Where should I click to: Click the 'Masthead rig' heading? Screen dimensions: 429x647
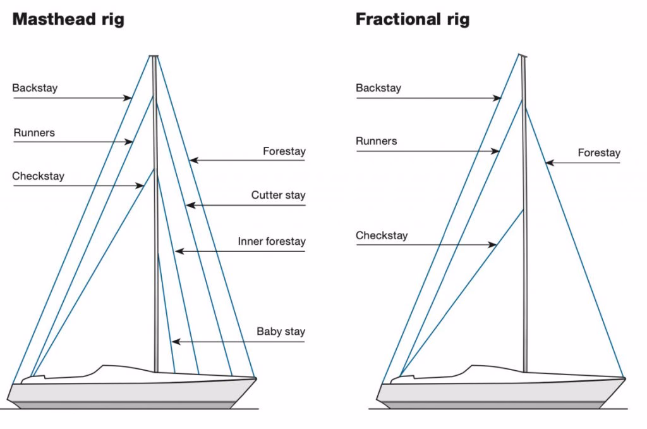click(x=68, y=19)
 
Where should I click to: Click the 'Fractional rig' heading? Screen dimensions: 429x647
click(x=412, y=19)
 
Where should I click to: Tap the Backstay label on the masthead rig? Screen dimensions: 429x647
click(x=35, y=88)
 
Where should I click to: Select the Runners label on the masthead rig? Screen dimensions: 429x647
click(x=34, y=132)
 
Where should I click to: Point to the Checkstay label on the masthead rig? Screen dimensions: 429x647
click(x=38, y=176)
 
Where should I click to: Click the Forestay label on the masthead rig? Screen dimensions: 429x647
click(x=284, y=151)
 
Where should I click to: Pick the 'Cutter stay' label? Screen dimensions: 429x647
click(x=278, y=195)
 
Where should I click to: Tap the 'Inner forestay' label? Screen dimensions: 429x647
click(x=272, y=241)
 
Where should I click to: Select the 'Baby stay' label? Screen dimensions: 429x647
click(x=281, y=331)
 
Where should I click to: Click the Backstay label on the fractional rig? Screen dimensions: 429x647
click(x=378, y=88)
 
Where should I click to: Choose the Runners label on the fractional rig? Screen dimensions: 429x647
click(x=377, y=141)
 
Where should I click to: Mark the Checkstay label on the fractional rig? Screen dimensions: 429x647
click(x=382, y=235)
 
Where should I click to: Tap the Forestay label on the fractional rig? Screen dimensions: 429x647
click(x=599, y=152)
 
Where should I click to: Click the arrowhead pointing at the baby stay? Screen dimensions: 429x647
click(x=175, y=342)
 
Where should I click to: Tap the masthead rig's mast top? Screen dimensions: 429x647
click(x=154, y=57)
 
